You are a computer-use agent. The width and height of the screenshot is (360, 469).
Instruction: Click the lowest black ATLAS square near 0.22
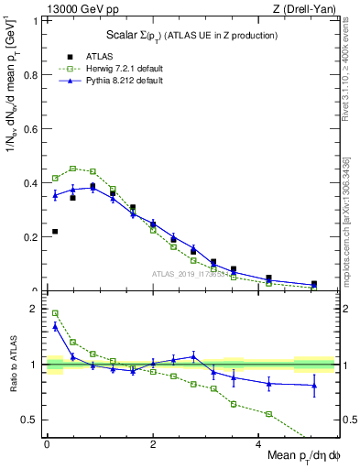[x=55, y=232]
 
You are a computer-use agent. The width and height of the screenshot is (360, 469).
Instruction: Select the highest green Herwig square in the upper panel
[x=73, y=169]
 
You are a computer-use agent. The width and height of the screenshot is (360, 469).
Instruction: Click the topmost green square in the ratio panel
[x=55, y=313]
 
